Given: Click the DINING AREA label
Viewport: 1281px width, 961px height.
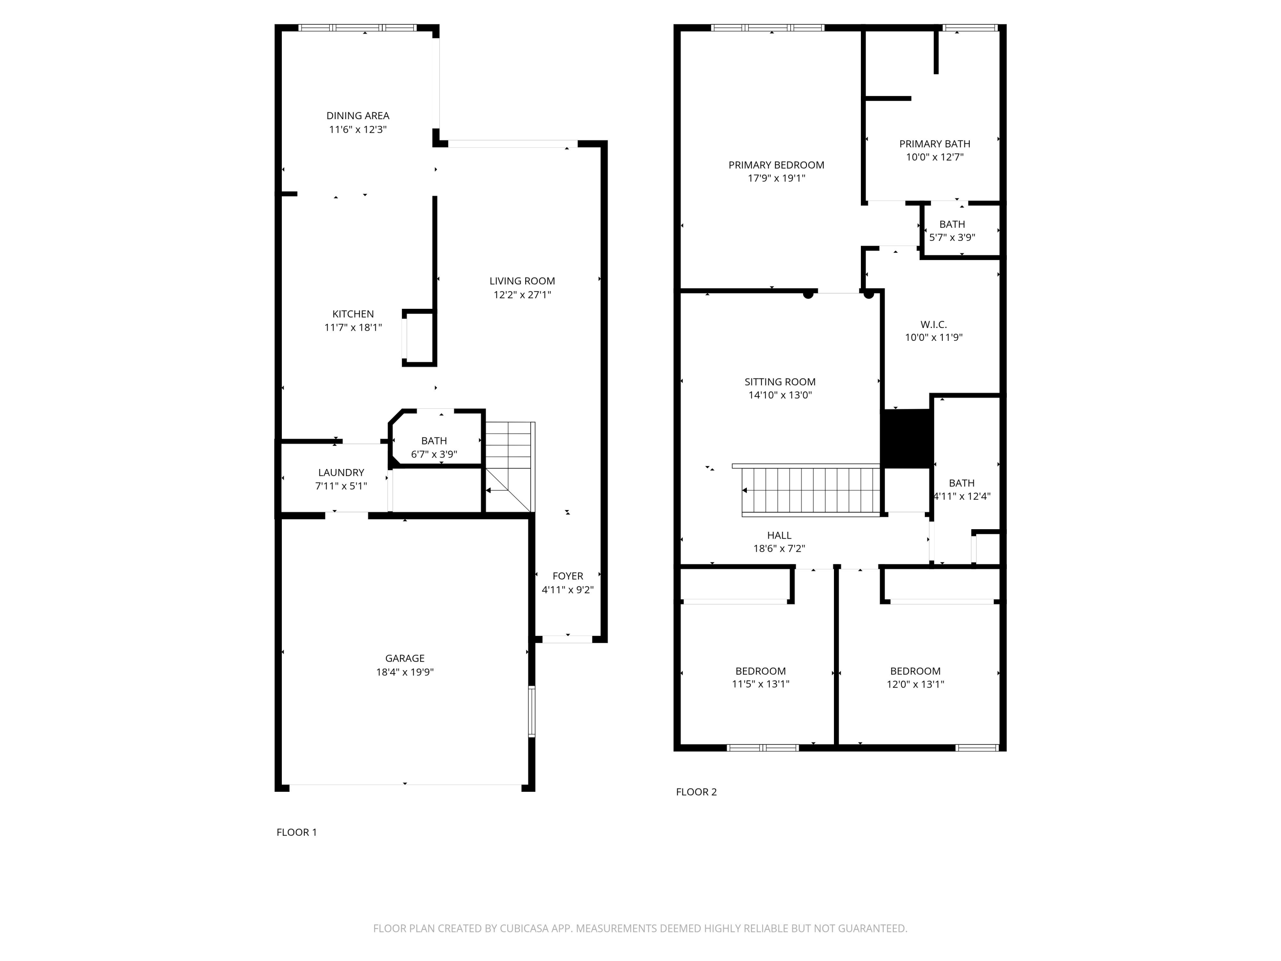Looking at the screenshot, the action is pos(358,116).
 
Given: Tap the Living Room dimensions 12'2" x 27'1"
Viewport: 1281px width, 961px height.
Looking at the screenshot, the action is pos(522,295).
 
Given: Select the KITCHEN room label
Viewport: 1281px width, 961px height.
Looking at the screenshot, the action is pos(353,314).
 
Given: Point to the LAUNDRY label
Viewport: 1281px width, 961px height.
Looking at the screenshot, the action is pos(341,473).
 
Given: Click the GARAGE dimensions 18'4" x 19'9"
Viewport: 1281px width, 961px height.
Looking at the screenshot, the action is pos(405,672).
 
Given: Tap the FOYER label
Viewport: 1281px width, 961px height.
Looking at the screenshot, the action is pos(567,576).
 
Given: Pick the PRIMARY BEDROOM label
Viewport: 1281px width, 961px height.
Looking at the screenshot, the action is pos(776,165).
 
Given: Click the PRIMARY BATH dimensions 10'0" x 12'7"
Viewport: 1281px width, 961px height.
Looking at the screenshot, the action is pos(935,157).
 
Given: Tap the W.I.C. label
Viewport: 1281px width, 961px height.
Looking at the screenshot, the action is pos(933,324).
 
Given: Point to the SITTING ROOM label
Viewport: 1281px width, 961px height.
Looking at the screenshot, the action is pos(780,382).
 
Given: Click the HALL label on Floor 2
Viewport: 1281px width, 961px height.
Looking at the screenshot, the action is pos(779,535).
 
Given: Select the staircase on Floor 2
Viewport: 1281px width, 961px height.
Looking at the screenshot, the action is pos(811,490).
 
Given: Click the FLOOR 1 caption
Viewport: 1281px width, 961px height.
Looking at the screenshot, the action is pos(296,832).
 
